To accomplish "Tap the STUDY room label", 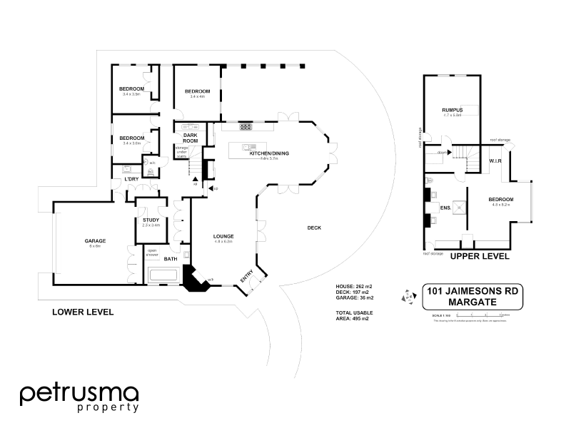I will coord(151,220).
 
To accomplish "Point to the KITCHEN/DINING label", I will coord(268,153).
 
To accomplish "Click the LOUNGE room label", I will coord(223,236).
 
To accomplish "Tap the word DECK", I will coord(314,228).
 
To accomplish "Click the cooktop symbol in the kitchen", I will coord(246,126).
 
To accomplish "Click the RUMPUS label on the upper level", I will coord(453,110).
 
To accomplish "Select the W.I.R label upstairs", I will coord(496,162).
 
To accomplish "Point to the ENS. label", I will coord(446,208).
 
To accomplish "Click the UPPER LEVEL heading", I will coord(479,255).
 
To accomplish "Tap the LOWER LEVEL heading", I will coord(83,312).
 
